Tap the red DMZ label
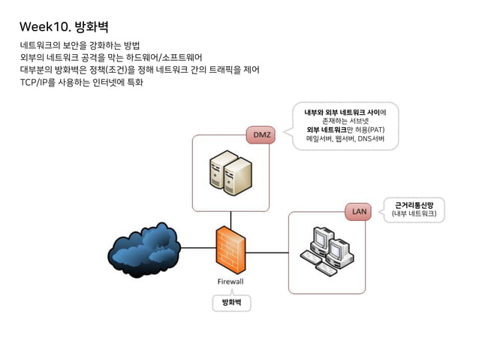pyautogui.click(x=262, y=135)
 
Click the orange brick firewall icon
pyautogui.click(x=230, y=250)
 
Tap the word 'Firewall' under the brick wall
pyautogui.click(x=230, y=282)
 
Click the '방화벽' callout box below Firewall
pyautogui.click(x=230, y=302)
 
